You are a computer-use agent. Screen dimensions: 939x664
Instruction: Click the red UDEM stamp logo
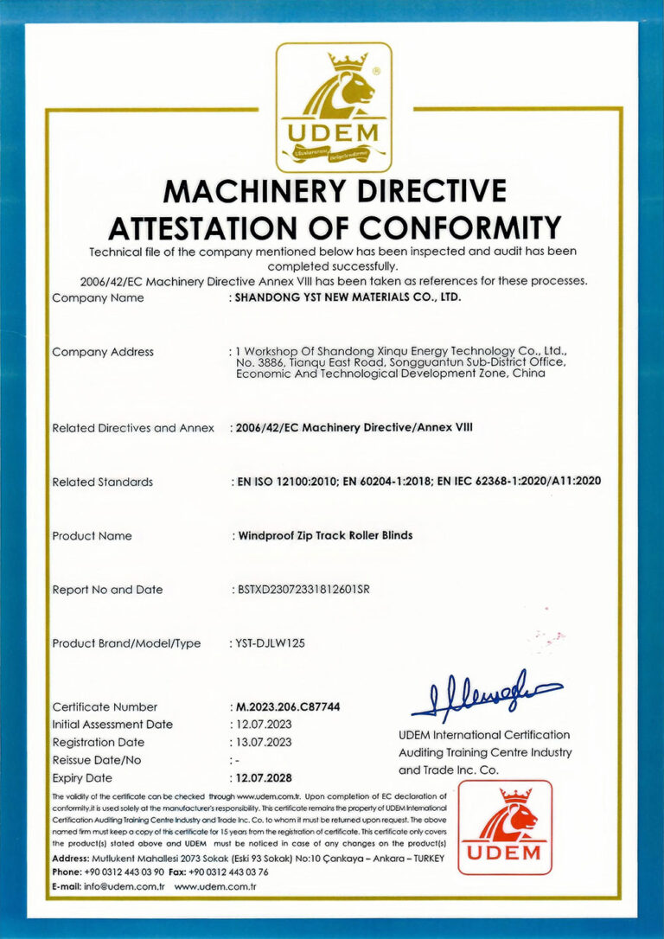[505, 827]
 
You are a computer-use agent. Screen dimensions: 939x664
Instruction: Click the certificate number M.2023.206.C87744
[288, 706]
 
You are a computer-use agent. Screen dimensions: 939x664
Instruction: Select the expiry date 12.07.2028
[265, 778]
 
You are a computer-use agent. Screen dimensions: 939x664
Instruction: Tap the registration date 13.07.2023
[265, 742]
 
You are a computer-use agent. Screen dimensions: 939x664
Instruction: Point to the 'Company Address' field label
[103, 352]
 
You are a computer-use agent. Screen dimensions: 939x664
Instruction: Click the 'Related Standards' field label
[102, 482]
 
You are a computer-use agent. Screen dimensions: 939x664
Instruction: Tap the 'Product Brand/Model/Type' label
[126, 643]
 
